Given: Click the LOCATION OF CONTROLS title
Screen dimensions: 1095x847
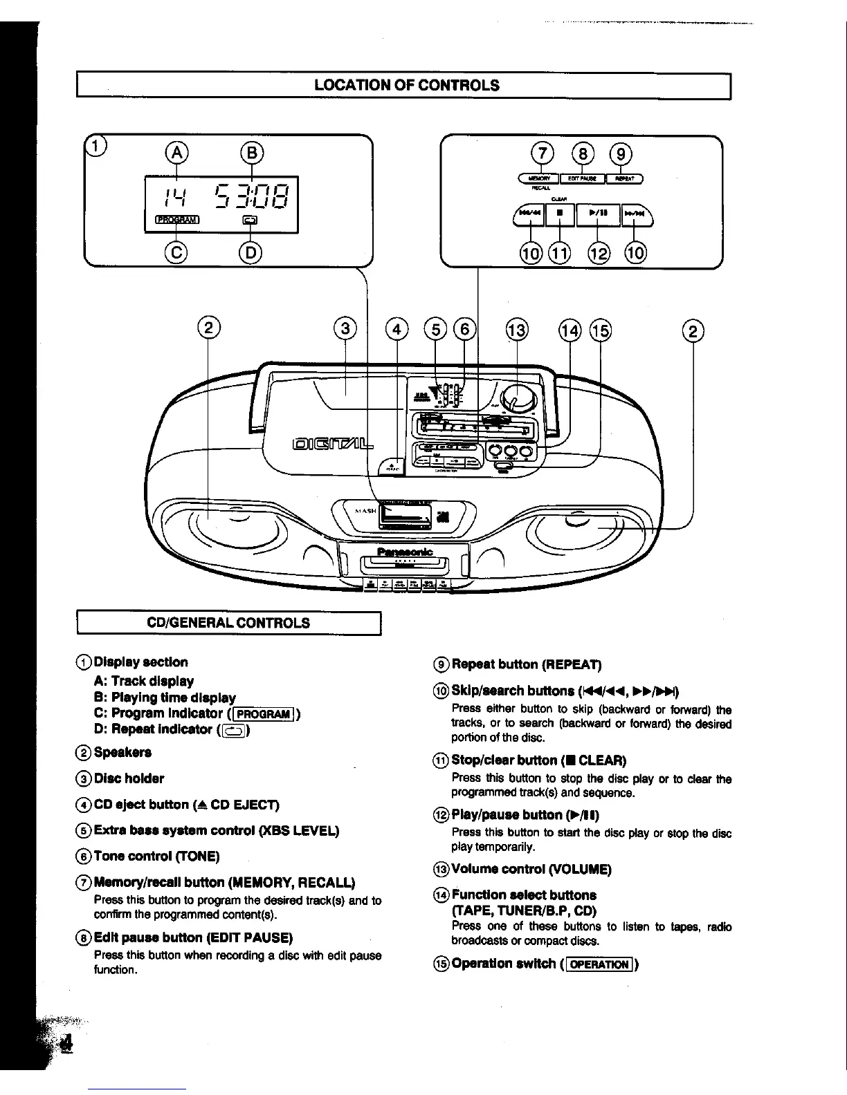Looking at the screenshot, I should coord(406,86).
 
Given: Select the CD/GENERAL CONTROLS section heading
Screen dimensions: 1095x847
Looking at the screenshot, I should coord(229,623).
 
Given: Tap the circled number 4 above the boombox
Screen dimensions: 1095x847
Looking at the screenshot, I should coord(397,330).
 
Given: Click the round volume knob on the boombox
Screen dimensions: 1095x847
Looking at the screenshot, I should coord(514,399).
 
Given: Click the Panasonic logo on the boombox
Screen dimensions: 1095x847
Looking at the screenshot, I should coord(405,551).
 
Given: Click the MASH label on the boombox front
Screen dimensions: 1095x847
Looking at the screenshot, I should coord(365,511).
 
